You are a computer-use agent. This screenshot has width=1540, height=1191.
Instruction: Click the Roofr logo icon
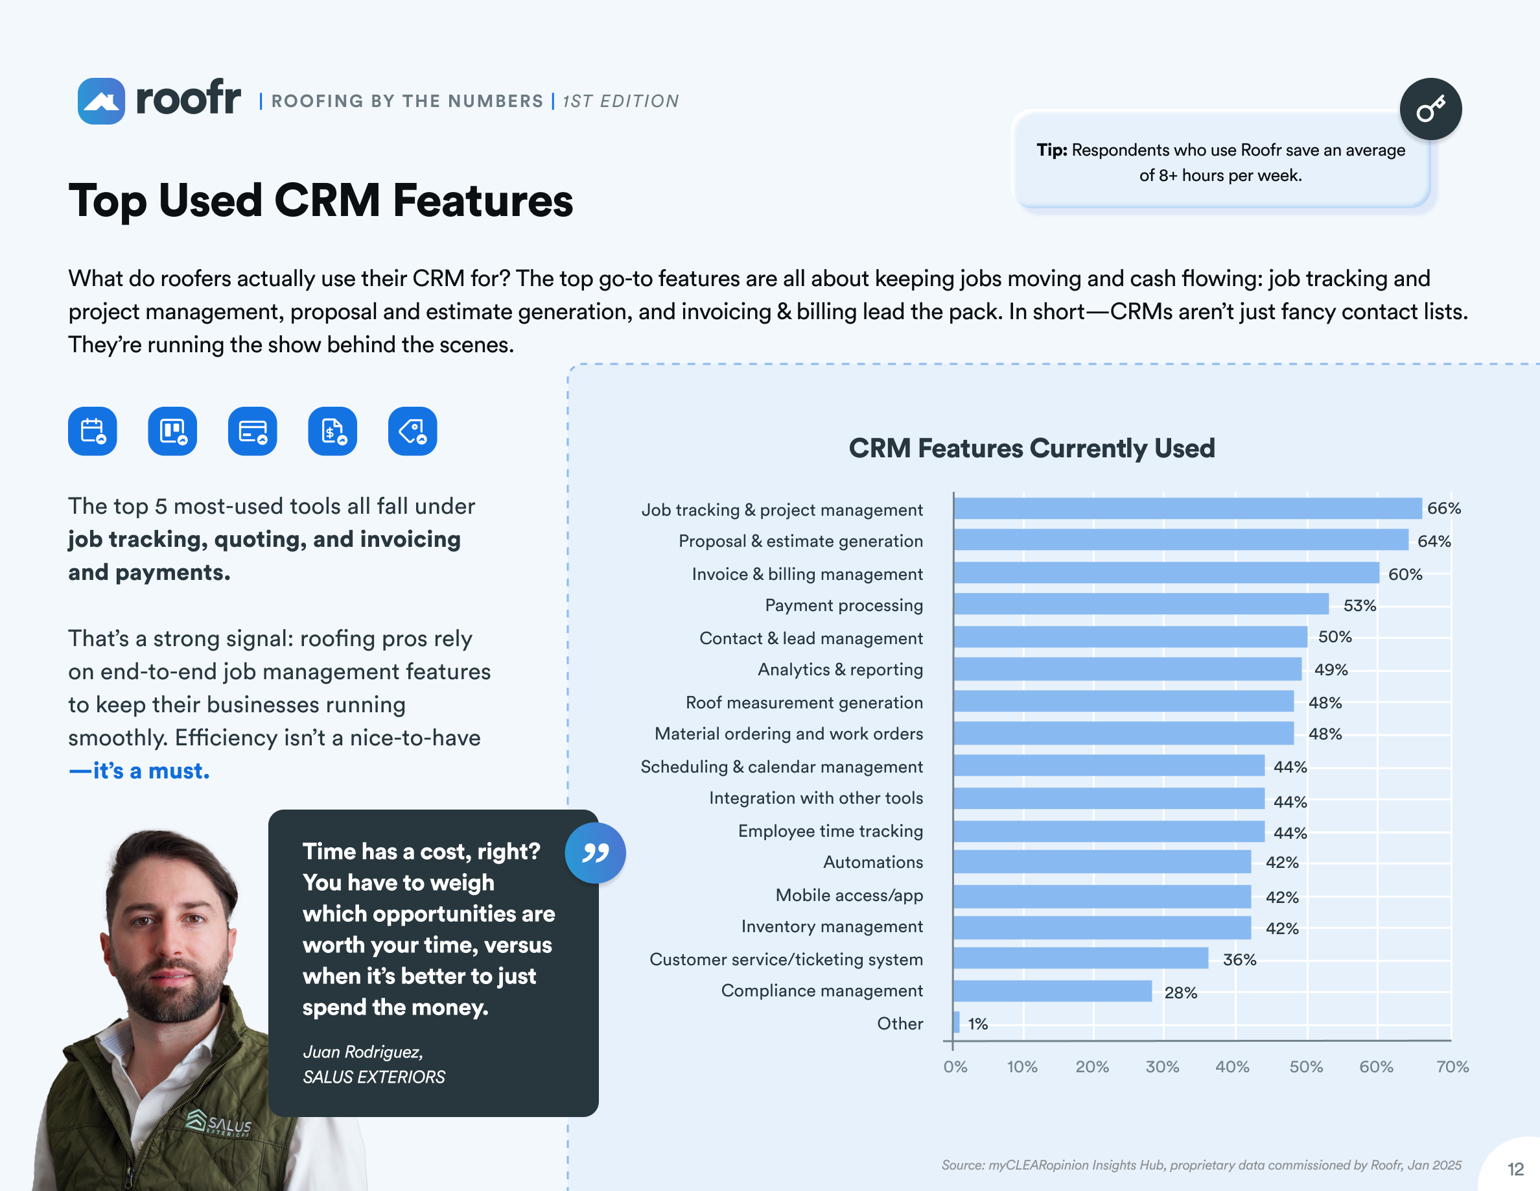point(101,101)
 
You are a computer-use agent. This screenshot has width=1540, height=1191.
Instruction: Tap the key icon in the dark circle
point(1430,110)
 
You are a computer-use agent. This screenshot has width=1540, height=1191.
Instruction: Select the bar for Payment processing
point(1141,604)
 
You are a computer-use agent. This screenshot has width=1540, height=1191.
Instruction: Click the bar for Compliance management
point(1052,991)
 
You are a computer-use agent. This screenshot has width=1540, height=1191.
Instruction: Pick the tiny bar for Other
point(956,1022)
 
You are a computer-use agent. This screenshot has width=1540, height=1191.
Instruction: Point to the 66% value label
point(1443,508)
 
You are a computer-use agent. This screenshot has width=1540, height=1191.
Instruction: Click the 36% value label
point(1239,959)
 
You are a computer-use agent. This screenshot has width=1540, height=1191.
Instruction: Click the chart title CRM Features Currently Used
point(1031,448)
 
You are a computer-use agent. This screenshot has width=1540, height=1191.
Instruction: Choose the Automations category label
point(872,862)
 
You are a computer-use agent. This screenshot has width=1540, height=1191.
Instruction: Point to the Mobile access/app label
point(849,895)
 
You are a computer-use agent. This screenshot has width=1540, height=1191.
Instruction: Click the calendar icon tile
point(93,431)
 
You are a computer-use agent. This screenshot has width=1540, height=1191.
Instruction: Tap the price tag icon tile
point(412,431)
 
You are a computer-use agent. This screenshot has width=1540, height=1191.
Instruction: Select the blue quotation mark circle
point(594,853)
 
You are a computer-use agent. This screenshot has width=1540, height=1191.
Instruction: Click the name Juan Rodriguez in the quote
point(362,1052)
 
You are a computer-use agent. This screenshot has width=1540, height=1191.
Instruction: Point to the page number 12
point(1515,1169)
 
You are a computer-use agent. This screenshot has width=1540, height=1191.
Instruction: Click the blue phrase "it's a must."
point(139,771)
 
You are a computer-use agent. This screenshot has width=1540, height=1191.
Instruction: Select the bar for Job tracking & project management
point(1187,508)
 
